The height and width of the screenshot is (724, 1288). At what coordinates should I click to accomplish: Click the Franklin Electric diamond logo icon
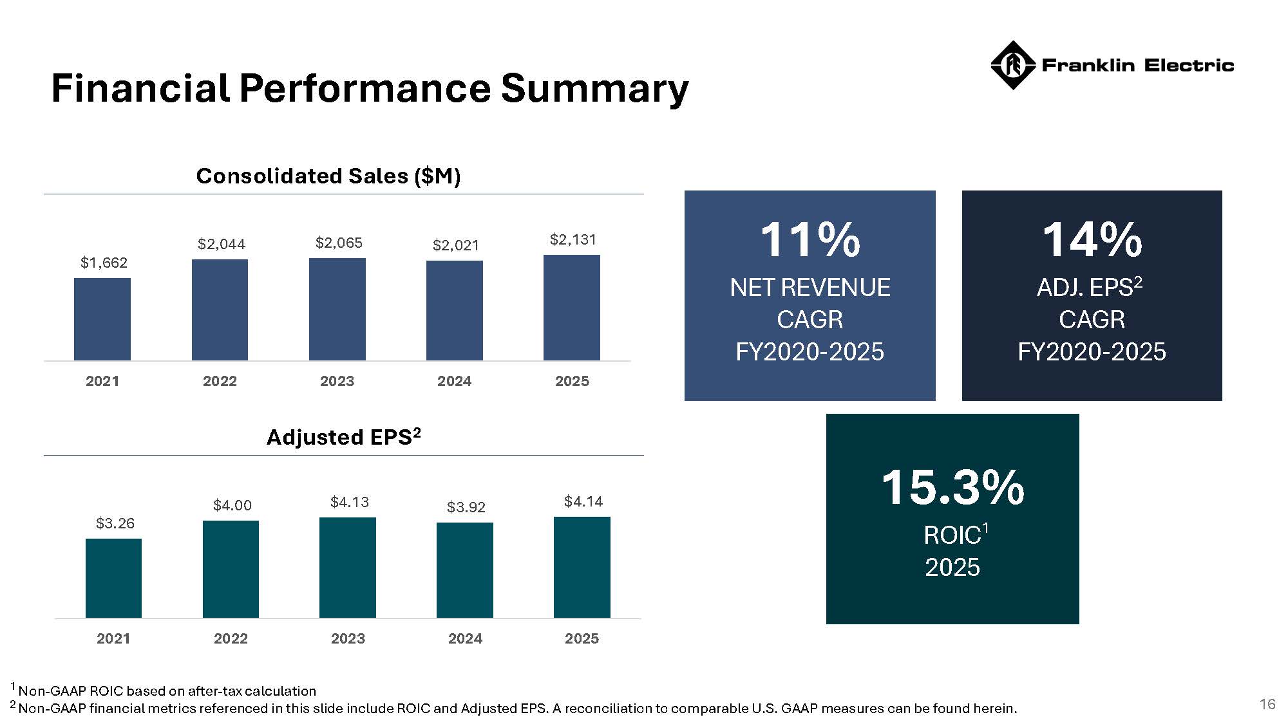[1012, 65]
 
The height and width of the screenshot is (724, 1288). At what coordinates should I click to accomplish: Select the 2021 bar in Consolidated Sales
[102, 319]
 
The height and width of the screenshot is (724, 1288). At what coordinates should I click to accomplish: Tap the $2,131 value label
[573, 240]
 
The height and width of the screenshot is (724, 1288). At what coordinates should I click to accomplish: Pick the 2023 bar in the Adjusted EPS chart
[348, 568]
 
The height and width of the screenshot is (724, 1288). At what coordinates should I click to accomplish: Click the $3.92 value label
[466, 507]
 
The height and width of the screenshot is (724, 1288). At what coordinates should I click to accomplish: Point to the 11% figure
[810, 240]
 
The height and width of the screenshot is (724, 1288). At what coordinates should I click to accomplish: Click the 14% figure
[1092, 240]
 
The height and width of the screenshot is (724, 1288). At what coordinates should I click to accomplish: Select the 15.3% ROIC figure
[952, 487]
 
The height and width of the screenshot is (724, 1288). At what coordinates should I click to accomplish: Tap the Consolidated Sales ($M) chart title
[328, 176]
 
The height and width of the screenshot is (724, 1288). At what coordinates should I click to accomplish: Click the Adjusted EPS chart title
[343, 437]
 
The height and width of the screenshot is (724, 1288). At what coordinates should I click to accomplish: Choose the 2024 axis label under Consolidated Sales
[454, 381]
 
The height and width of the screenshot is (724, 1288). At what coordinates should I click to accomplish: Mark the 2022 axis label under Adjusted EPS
[231, 638]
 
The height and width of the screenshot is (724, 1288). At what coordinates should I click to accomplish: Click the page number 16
[1267, 704]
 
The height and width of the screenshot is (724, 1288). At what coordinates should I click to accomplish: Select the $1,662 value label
[104, 263]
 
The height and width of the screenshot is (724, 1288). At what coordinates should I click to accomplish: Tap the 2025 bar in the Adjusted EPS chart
[582, 567]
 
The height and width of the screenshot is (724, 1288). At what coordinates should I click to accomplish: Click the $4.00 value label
[232, 505]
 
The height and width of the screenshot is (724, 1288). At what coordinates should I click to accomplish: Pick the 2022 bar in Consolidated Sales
[220, 310]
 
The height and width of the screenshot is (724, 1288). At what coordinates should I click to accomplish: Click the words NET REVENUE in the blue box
[810, 288]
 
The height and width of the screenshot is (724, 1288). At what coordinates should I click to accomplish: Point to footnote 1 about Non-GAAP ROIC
[166, 691]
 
